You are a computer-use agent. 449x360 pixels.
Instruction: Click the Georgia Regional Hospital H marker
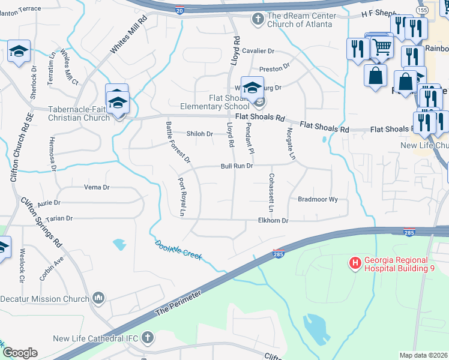click(355, 263)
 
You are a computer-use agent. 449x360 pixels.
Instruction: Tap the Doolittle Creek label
click(178, 251)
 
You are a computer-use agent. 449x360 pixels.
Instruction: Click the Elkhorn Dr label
click(273, 221)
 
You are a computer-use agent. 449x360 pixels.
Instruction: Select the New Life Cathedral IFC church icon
click(148, 338)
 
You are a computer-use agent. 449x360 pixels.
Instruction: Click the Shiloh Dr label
click(199, 134)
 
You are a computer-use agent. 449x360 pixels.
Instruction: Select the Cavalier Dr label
click(259, 51)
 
